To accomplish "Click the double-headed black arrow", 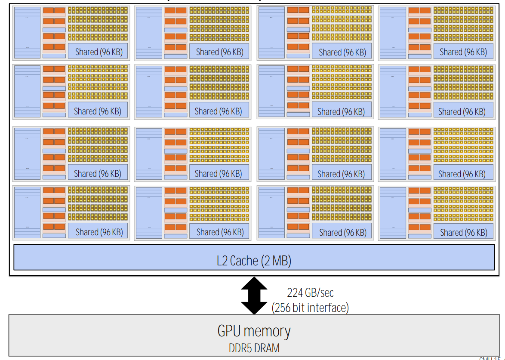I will click(x=254, y=296).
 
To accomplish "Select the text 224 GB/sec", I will click(x=310, y=293).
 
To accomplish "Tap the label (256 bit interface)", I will click(x=310, y=308).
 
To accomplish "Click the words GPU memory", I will click(x=254, y=331).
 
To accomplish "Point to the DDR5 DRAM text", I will click(x=254, y=348).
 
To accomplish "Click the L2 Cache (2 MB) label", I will click(x=254, y=261).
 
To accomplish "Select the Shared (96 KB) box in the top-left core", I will click(x=98, y=52).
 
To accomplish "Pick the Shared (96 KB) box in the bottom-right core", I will click(x=464, y=232).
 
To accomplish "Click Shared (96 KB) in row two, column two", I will click(x=219, y=111).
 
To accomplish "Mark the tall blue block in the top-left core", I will click(x=27, y=33).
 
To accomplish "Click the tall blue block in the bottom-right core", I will click(x=393, y=212).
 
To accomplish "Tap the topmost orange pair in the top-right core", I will click(x=419, y=10).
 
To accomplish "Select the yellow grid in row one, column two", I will click(x=219, y=24).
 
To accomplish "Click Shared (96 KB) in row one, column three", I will click(x=342, y=52).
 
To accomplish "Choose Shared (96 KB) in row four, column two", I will click(x=219, y=232).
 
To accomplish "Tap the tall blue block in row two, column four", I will click(x=393, y=91).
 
